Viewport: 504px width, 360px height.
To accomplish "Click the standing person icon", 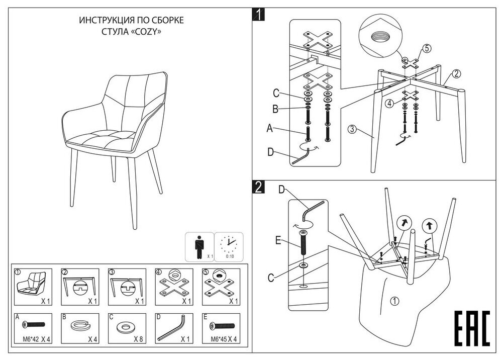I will [199, 246].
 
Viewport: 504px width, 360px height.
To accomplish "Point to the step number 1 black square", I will [258, 15].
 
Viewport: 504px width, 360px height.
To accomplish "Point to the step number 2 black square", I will [258, 188].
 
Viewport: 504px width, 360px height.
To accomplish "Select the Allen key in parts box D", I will [172, 327].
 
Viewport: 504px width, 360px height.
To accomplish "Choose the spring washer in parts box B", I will [78, 326].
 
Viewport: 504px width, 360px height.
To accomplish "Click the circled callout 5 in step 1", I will [427, 49].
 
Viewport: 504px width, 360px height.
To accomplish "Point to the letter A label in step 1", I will [270, 129].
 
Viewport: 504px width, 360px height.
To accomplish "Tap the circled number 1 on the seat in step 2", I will [394, 302].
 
